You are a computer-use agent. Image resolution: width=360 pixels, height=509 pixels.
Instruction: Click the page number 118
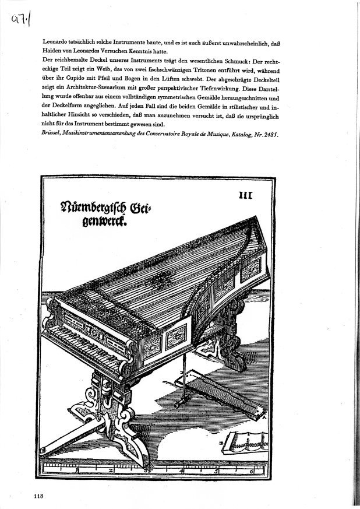point(40,496)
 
